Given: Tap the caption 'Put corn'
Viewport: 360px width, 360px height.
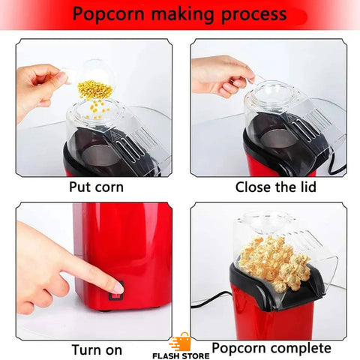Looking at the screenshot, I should pos(96,187).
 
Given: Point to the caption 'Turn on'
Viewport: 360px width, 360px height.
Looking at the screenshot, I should pos(97,349).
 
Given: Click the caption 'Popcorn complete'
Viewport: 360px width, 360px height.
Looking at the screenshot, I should pos(271,348).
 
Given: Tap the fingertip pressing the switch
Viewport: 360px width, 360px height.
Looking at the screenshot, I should pos(116,288).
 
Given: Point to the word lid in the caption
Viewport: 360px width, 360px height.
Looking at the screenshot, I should pos(307,187).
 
